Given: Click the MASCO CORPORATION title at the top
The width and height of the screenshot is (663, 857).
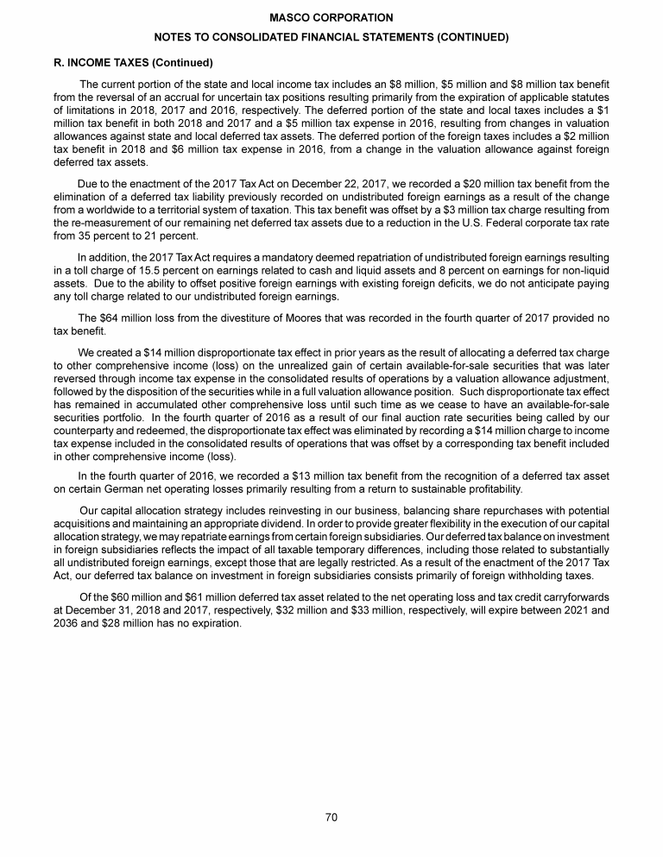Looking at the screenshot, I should pyautogui.click(x=331, y=17).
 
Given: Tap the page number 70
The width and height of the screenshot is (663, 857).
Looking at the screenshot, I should pyautogui.click(x=331, y=818).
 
